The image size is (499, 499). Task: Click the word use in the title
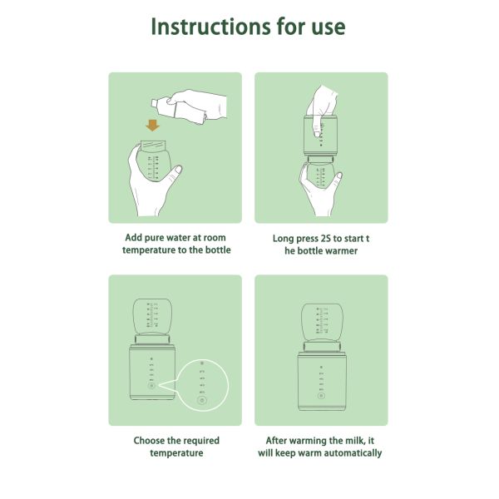[x=327, y=27]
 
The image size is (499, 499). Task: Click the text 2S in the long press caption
[x=330, y=237]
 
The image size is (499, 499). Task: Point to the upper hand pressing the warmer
[x=320, y=104]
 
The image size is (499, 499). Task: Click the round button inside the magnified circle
[x=200, y=401]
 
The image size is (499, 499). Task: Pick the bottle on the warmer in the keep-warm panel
[x=321, y=320]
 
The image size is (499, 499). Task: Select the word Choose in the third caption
[x=151, y=440]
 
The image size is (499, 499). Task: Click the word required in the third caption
[x=214, y=440]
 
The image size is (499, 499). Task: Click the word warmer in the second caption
[x=338, y=250]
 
